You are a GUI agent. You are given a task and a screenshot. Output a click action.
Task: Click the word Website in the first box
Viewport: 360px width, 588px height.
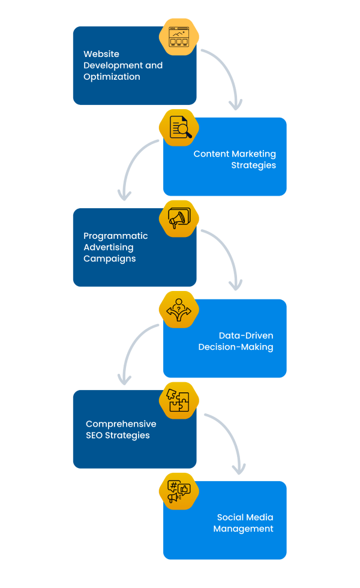(x=101, y=54)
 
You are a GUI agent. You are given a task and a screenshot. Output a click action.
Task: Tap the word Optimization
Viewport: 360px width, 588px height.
(x=112, y=77)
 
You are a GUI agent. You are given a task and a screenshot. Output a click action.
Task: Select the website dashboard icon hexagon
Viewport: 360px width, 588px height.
(x=179, y=37)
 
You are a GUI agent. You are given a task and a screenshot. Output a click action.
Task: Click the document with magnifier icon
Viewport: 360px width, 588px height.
(x=179, y=128)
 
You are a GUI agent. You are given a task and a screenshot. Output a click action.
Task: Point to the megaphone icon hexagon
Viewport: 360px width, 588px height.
(x=179, y=219)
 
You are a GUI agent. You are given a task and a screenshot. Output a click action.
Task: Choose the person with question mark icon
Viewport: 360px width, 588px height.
(x=179, y=310)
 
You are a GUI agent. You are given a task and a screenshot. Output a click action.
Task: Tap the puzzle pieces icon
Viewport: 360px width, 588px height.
(x=179, y=401)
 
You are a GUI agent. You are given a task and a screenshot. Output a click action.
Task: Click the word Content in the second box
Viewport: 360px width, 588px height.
(x=211, y=154)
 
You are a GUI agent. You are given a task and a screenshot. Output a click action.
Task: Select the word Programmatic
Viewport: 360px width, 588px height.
(x=115, y=236)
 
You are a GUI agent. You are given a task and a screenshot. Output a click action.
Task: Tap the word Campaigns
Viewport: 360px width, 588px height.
(x=109, y=259)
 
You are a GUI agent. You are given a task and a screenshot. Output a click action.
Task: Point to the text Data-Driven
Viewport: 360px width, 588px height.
(x=246, y=335)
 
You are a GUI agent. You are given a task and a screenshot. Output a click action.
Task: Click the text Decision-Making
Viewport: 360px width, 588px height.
(x=236, y=347)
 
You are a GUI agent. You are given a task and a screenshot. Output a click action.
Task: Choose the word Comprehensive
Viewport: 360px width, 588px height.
(x=121, y=424)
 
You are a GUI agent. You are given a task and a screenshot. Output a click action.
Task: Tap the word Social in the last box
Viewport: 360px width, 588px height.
(x=231, y=517)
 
